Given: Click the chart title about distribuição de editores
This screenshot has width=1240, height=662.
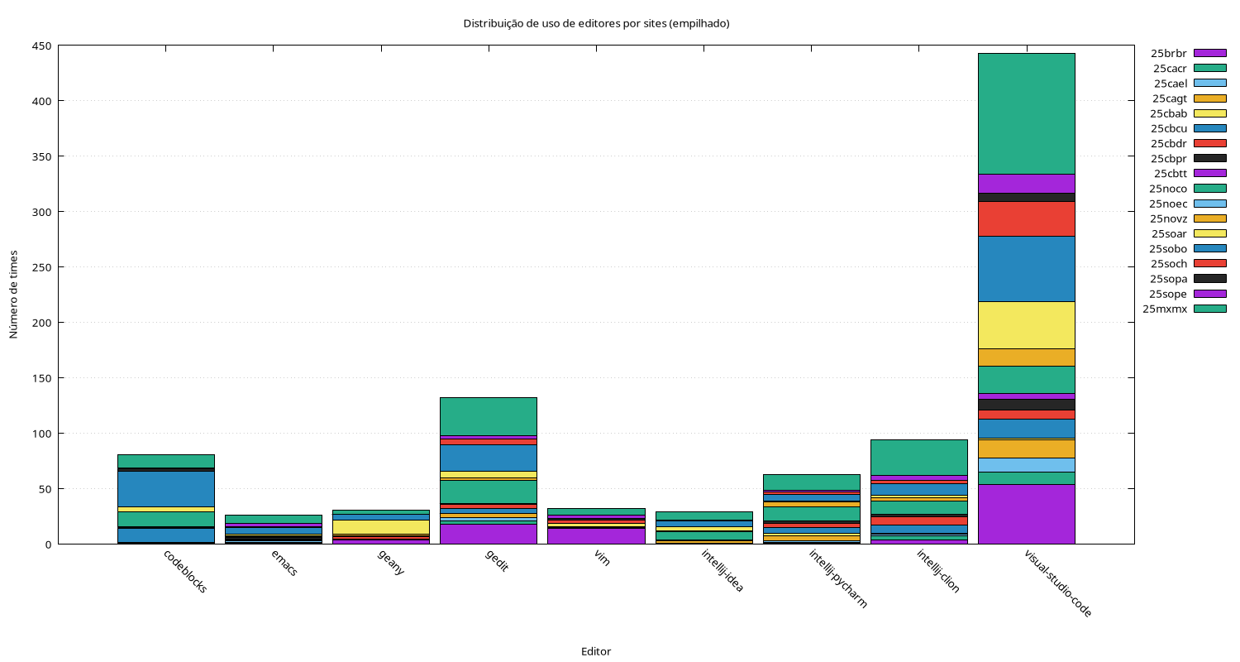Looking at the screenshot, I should (x=596, y=24).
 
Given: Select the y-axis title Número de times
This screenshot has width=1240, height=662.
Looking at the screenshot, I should (x=13, y=295).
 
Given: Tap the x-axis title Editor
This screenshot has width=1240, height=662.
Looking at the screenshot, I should (x=596, y=651).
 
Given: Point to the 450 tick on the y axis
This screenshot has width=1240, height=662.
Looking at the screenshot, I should (x=41, y=46).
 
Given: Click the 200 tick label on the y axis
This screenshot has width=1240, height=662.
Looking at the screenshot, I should (x=41, y=323).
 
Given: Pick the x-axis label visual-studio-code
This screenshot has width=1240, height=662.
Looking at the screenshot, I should (x=1058, y=583).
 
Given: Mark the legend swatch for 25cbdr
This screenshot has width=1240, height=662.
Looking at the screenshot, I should (x=1209, y=143).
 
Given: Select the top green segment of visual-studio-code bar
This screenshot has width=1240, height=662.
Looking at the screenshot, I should (x=1026, y=113).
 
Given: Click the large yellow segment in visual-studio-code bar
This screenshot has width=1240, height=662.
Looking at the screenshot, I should (x=1026, y=324).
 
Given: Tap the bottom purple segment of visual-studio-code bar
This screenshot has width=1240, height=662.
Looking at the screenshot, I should (x=1026, y=514).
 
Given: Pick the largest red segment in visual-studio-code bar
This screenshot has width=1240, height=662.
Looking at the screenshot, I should (x=1026, y=218).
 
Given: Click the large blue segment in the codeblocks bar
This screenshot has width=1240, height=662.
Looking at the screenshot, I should (x=166, y=488).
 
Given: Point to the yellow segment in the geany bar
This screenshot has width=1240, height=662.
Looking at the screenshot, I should (x=381, y=526).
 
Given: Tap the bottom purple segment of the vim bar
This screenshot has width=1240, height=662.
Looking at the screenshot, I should (x=596, y=535).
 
